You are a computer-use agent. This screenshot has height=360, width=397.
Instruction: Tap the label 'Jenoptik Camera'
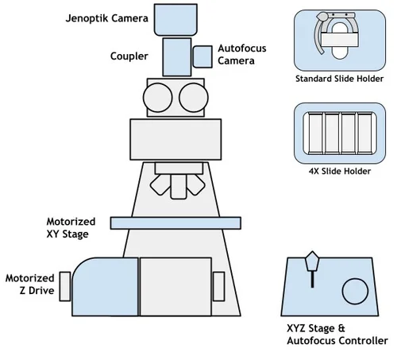[x=106, y=16]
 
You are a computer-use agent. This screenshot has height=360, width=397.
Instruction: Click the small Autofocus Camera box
[x=202, y=56]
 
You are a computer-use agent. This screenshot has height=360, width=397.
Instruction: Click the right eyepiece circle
[x=192, y=98]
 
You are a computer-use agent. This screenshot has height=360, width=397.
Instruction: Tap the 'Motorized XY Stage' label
[x=72, y=226]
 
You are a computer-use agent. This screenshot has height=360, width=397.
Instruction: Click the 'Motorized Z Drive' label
[x=30, y=285]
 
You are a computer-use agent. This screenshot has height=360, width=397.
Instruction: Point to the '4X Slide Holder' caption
[x=338, y=170]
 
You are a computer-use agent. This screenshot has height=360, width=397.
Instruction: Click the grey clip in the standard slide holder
[x=322, y=32]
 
